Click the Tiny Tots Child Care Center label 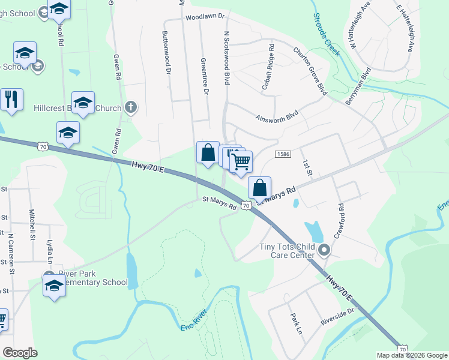286,251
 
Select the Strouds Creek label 325,41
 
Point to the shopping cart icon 241,161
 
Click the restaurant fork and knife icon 11,98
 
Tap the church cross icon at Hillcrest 131,108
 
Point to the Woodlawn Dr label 204,17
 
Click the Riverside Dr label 338,315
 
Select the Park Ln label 295,323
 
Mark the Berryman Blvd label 359,86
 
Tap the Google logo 20,353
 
